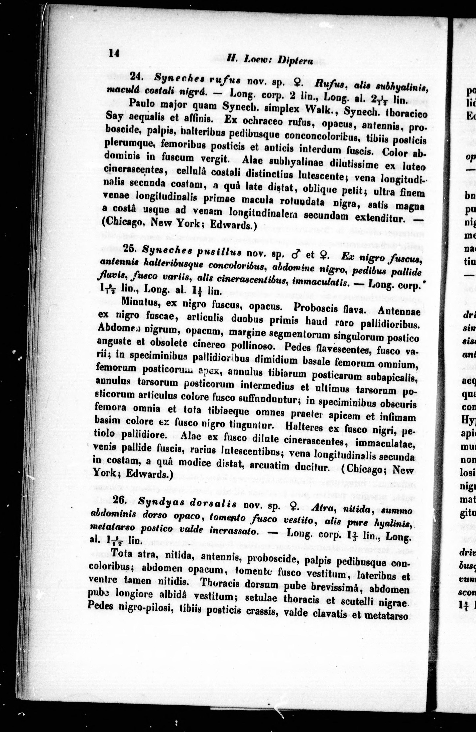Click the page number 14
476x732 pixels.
[x=114, y=53]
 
